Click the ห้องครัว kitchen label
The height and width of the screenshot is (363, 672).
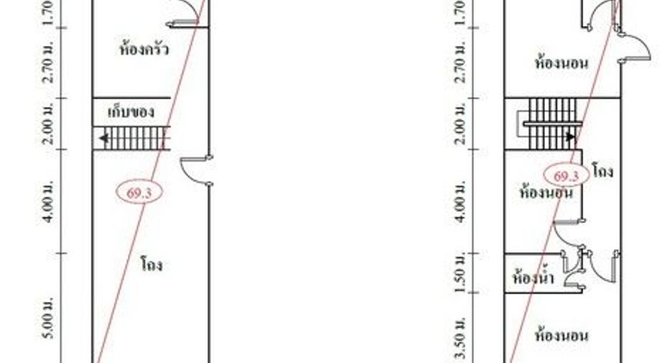click(144, 48)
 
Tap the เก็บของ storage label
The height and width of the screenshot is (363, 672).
click(131, 112)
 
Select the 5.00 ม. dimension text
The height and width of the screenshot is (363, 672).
click(50, 318)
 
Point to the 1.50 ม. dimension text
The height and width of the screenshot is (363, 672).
click(460, 273)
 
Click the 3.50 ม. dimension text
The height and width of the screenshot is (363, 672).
click(460, 339)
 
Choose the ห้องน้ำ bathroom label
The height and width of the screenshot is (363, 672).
click(533, 277)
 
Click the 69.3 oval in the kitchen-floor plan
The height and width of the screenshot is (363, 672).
click(139, 193)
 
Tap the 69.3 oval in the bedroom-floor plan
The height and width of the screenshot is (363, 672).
click(566, 175)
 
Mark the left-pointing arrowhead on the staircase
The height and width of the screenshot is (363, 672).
click(103, 138)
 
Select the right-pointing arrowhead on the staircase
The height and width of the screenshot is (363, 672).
click(571, 137)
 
